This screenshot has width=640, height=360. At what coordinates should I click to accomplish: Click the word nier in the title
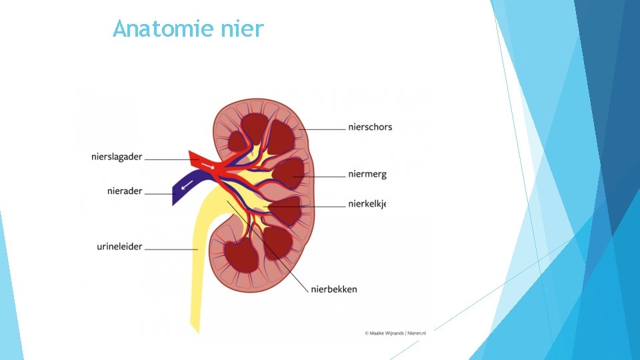[x=246, y=29]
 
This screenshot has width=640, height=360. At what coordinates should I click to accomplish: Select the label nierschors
[x=370, y=127]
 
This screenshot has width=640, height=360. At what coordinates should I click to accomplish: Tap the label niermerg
[x=367, y=175]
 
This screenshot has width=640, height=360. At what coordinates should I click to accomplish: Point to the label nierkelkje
[x=367, y=204]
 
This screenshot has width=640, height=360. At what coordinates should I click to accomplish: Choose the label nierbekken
[x=333, y=289]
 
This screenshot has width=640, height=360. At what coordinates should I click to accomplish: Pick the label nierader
[x=125, y=191]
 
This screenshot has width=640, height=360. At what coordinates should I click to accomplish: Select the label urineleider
[x=119, y=247]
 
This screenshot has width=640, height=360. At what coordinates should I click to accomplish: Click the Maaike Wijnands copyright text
[x=395, y=332]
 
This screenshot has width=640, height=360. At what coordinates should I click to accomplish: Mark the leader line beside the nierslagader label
[x=167, y=159]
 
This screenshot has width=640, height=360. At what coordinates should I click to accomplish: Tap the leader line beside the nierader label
[x=158, y=193]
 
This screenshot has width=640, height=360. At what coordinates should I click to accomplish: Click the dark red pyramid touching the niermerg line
[x=289, y=173]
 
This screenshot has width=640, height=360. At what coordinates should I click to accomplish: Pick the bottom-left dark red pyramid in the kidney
[x=241, y=255]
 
